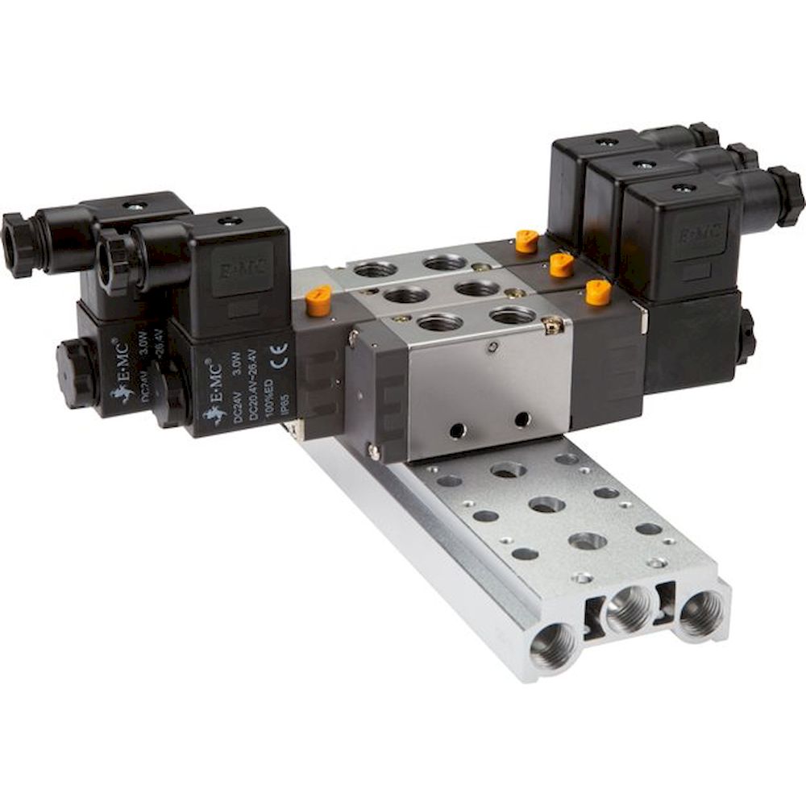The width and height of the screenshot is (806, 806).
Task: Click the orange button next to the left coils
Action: (x=318, y=299)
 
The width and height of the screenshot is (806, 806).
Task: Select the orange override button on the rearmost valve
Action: (x=526, y=240)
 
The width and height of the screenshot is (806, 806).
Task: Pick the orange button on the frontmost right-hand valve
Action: (x=597, y=292)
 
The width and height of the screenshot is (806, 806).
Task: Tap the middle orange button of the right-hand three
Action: (x=561, y=264)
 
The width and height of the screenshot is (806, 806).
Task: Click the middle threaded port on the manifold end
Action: (x=628, y=609)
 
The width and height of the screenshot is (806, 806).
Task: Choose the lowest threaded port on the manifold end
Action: (x=555, y=644)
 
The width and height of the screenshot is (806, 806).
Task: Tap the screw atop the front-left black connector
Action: (x=235, y=218)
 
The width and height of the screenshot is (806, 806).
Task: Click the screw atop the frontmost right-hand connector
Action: (x=683, y=188)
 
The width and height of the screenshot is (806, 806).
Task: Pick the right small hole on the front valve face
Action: (x=521, y=419)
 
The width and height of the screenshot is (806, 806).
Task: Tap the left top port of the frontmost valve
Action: (x=439, y=323)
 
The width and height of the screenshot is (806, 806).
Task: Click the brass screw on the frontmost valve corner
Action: (x=552, y=326)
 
